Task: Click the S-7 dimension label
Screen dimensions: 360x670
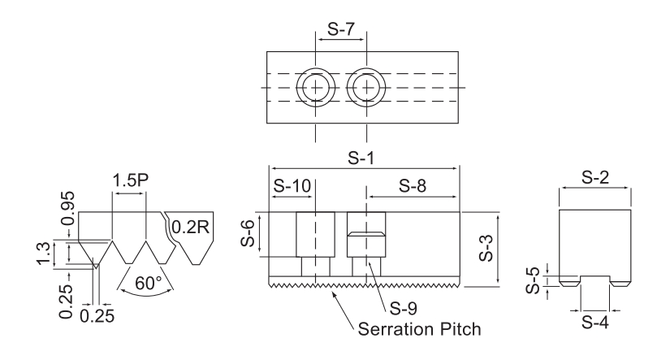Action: coord(340,27)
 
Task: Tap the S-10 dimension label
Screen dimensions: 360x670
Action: coord(291,185)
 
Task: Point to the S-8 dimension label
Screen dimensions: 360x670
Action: coord(412,185)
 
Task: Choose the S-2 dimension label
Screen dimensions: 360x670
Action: coord(594,177)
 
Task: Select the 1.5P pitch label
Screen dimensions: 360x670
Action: coord(128,179)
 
